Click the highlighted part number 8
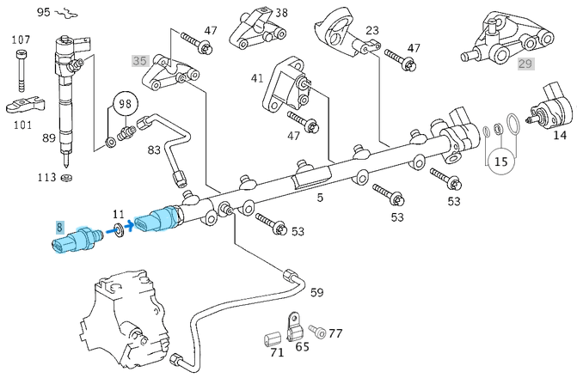[59, 227]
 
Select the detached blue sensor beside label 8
[76, 241]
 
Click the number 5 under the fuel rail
[320, 199]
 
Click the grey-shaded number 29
[525, 64]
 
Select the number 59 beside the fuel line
[316, 293]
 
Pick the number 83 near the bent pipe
[154, 150]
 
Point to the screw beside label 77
[317, 331]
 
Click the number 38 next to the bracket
[281, 13]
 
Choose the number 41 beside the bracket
[257, 78]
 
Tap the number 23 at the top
[371, 30]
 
